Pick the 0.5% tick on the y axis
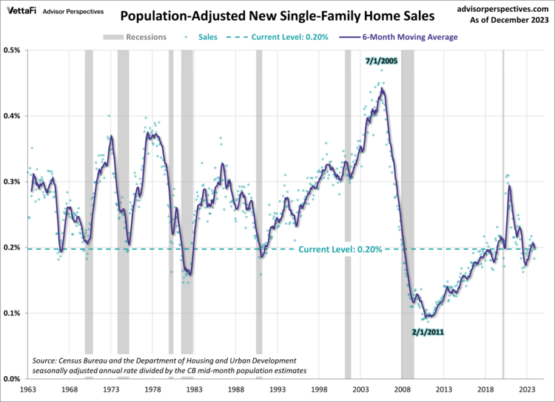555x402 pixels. tap(13, 50)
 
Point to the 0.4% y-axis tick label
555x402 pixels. tap(13, 116)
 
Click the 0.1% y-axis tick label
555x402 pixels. tap(13, 313)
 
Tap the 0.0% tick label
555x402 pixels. tap(13, 379)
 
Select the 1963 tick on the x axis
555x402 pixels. tap(28, 389)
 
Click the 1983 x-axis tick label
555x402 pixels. tap(195, 389)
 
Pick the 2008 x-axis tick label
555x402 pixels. tap(403, 389)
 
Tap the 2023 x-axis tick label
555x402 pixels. tap(528, 389)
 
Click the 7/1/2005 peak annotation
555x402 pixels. tap(382, 61)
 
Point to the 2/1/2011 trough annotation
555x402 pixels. tap(427, 333)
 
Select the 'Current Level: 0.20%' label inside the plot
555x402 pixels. tap(340, 250)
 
